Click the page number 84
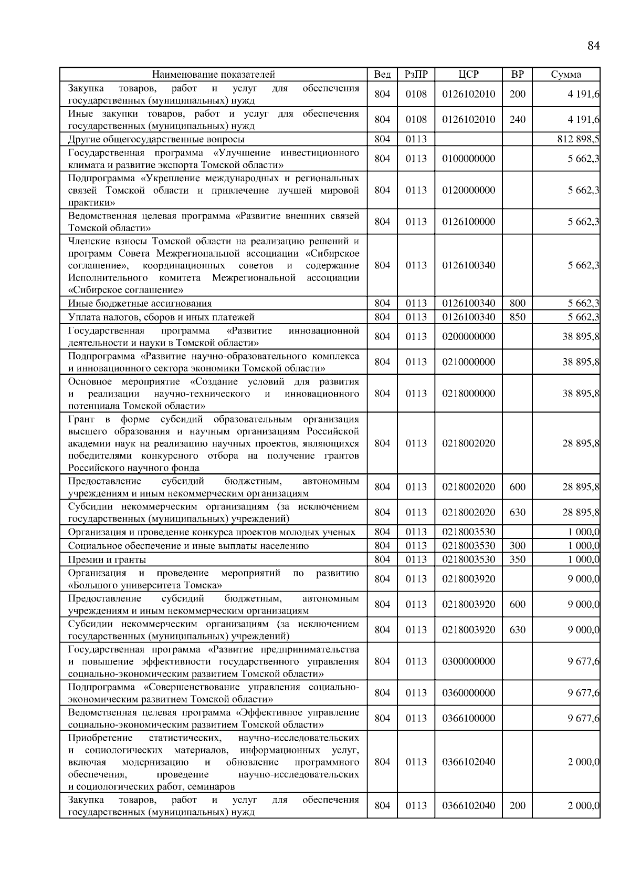coord(593,46)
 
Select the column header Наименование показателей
coord(213,75)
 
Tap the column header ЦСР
coord(468,75)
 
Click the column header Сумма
coord(565,75)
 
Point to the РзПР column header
coord(416,75)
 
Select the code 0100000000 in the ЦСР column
coord(468,159)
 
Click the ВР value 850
coord(517,317)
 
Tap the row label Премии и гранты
coord(107,559)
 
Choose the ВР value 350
coord(517,559)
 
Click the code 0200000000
coord(468,336)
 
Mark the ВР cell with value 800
coord(517,303)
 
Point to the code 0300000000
coord(468,661)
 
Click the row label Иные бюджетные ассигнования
coord(140,303)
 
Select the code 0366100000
coord(468,718)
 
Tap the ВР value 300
coord(517,546)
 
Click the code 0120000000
coord(468,190)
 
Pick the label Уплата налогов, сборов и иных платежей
coord(161,317)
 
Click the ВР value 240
coord(517,120)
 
